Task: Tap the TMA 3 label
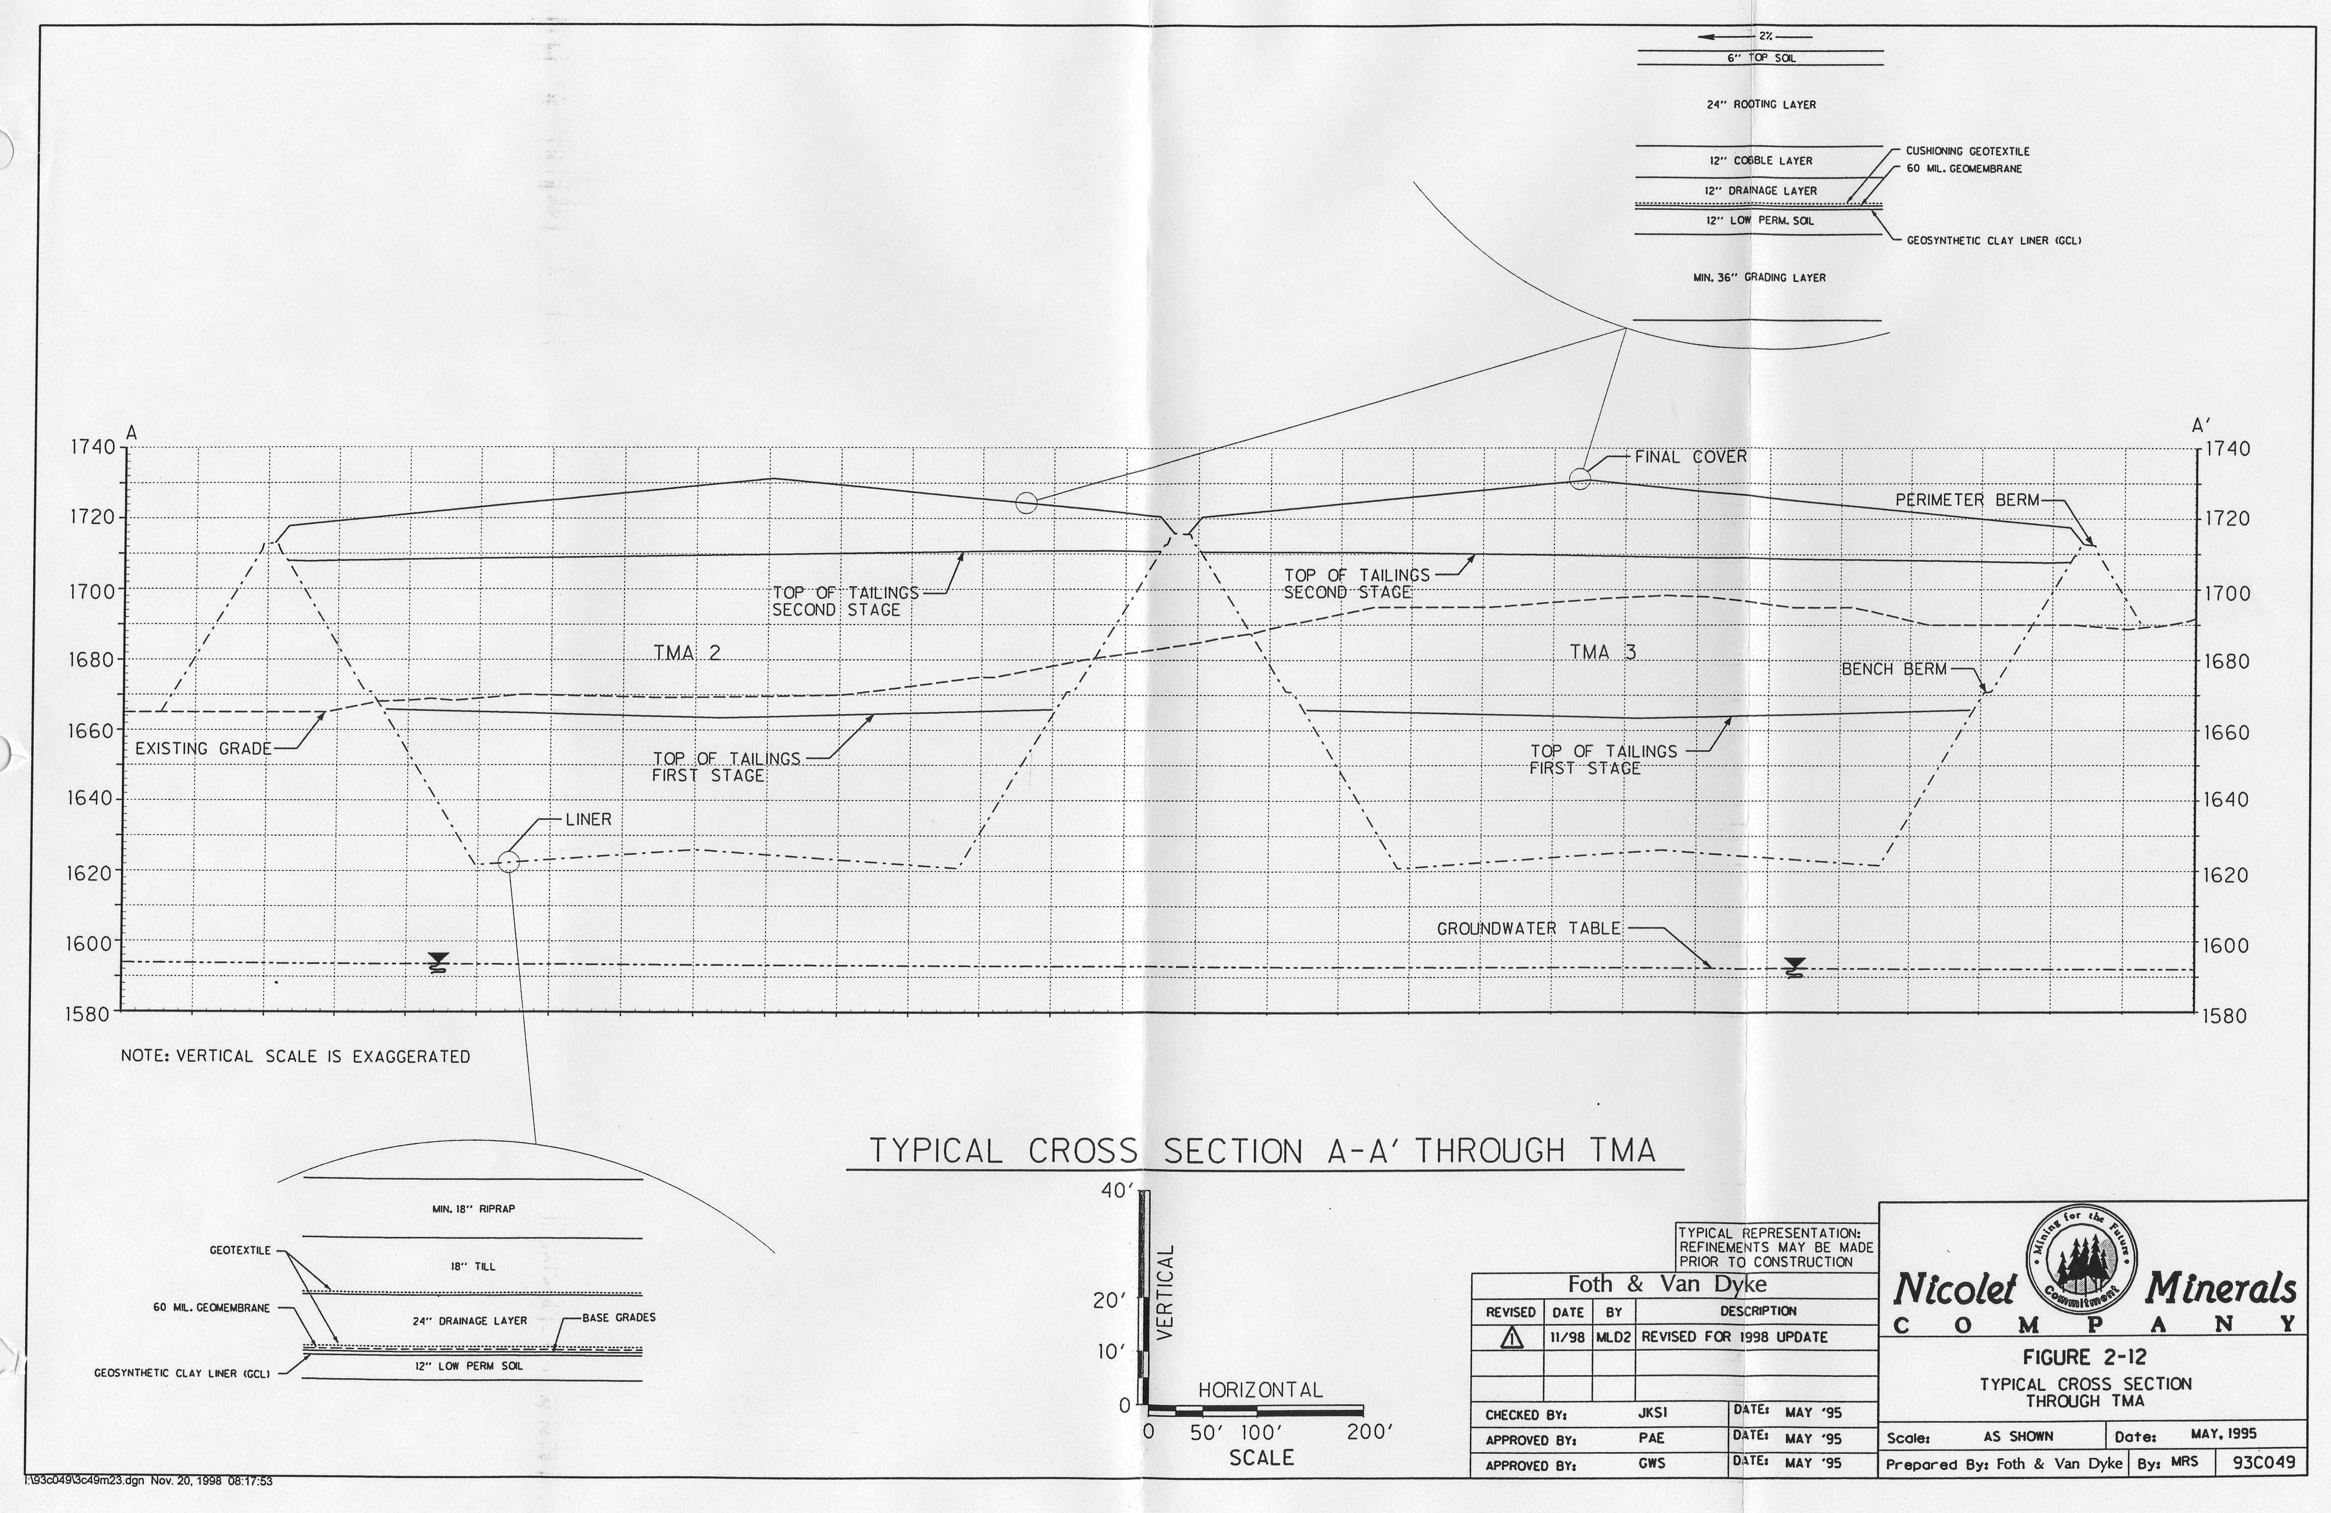pyautogui.click(x=1603, y=652)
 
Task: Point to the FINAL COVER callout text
pyautogui.click(x=1691, y=456)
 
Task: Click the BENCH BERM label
pyautogui.click(x=1894, y=670)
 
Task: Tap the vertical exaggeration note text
pyautogui.click(x=295, y=1057)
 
